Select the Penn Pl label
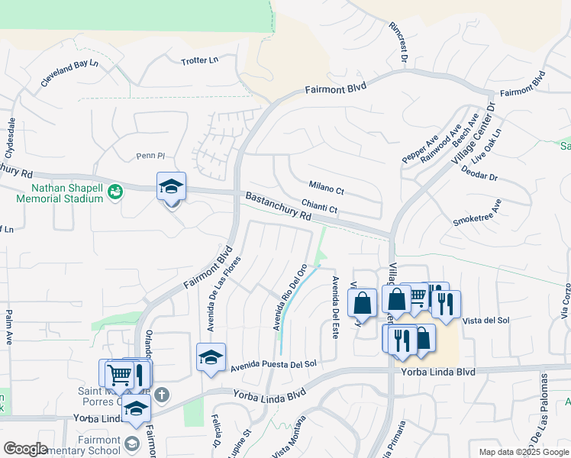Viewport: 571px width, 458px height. pos(150,156)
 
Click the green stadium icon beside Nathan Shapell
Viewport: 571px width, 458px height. pos(115,191)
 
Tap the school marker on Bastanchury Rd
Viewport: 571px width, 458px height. pos(172,187)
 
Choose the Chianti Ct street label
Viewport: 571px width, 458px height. pos(319,205)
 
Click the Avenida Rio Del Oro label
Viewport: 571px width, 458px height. pos(290,298)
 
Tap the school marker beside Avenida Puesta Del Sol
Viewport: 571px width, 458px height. pos(211,357)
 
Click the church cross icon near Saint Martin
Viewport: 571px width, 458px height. pos(161,395)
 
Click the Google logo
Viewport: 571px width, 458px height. pos(25,448)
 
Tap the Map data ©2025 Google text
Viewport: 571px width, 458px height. pos(524,452)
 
